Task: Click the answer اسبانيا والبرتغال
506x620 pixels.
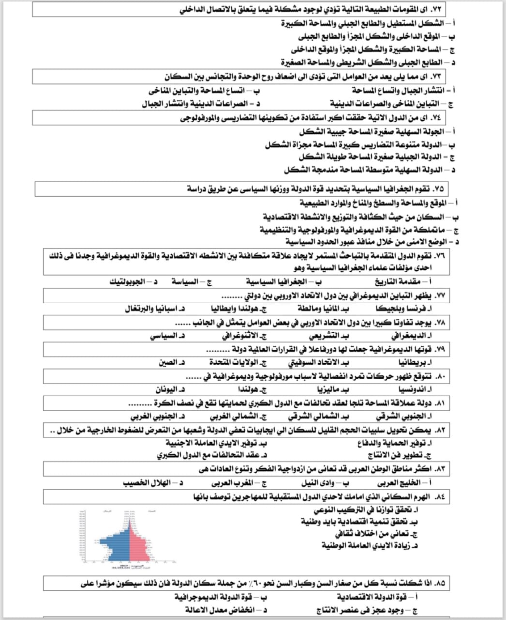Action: (x=152, y=309)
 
